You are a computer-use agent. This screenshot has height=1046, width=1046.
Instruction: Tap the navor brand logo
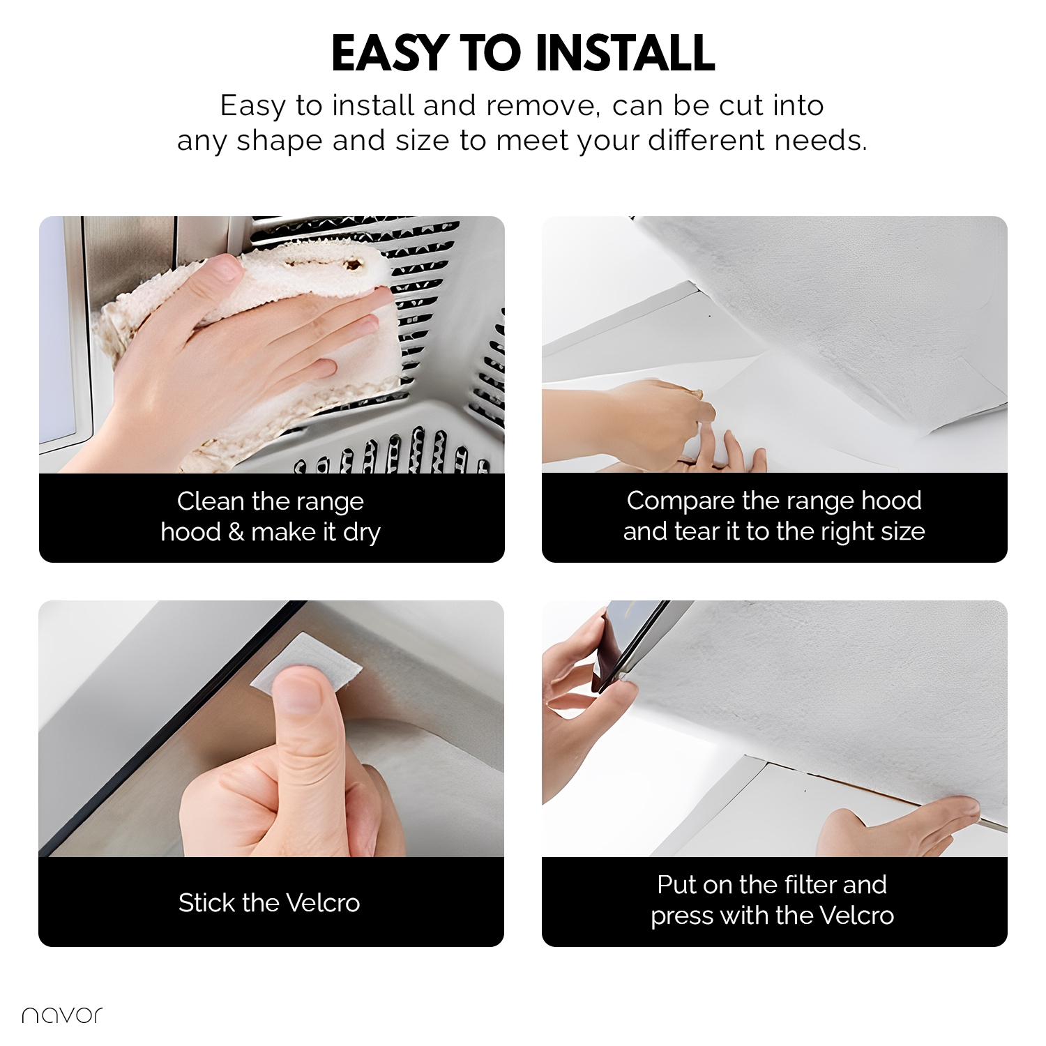pyautogui.click(x=62, y=1015)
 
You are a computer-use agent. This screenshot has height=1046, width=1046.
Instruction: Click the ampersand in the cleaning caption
pyautogui.click(x=236, y=532)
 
